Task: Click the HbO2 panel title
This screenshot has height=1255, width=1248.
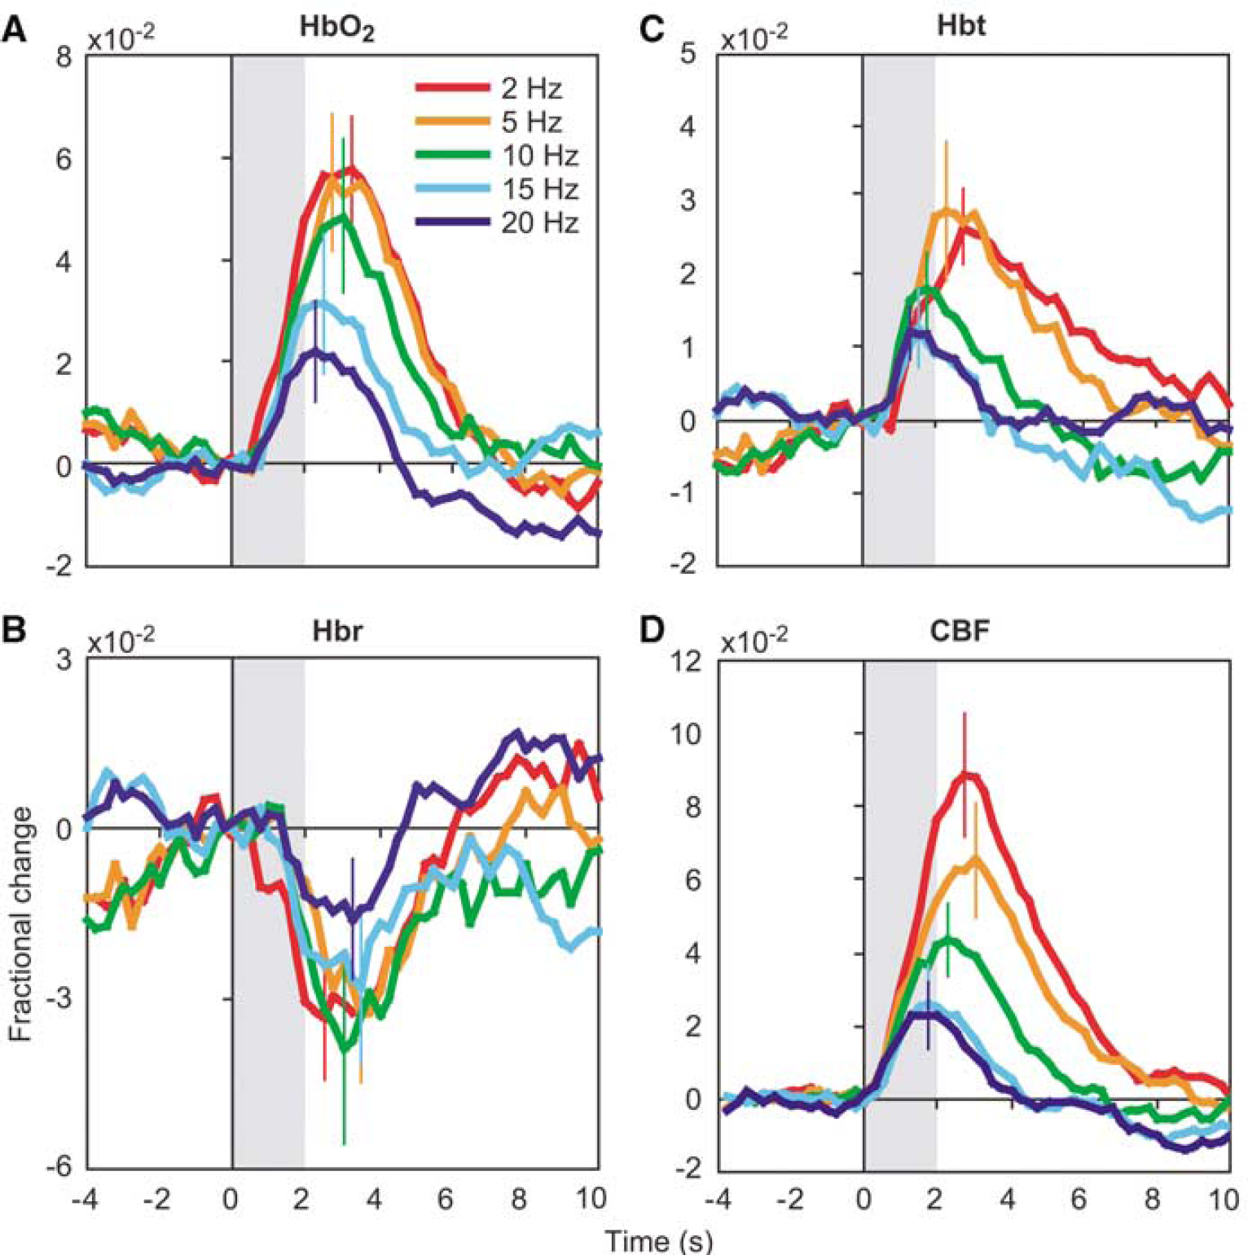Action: point(336,29)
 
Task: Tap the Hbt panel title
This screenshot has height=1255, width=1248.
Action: point(961,25)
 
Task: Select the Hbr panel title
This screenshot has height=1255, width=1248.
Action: point(337,632)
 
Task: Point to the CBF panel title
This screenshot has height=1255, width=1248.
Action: point(960,632)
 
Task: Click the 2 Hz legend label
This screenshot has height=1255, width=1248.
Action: point(532,88)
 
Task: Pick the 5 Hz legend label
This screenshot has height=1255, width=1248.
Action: point(532,122)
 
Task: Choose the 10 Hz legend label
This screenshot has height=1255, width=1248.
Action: point(540,156)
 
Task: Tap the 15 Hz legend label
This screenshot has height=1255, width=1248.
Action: point(540,189)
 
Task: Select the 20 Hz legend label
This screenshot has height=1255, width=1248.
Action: point(540,222)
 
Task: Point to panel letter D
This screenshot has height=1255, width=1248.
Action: point(653,632)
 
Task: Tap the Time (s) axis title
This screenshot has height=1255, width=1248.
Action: point(659,1240)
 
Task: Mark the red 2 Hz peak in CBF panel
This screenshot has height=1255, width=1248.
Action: point(965,774)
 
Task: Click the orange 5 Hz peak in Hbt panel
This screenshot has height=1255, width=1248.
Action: point(947,212)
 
